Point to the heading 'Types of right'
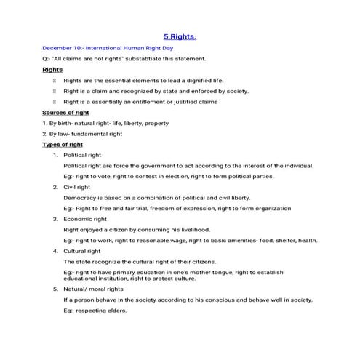coord(62,145)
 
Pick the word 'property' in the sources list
coord(156,124)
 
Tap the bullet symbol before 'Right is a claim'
coord(54,91)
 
